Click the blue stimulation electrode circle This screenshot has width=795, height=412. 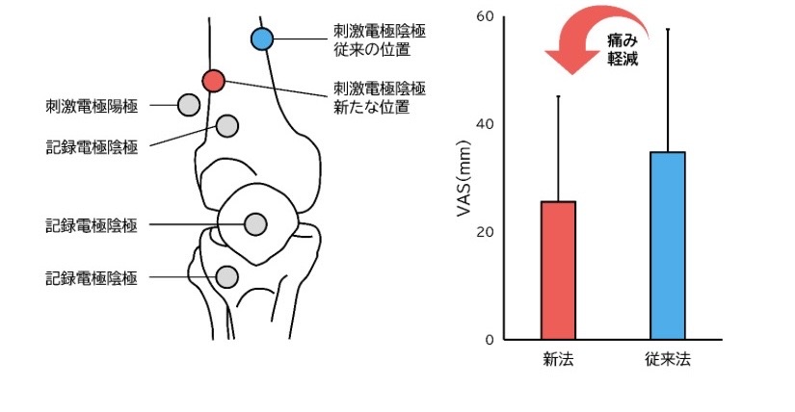(x=262, y=39)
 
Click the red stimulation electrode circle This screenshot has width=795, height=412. (x=214, y=80)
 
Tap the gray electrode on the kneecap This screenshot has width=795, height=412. (x=255, y=224)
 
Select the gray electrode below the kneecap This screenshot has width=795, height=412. (x=226, y=277)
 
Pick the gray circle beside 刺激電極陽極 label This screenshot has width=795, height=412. (x=189, y=104)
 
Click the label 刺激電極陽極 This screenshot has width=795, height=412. (x=91, y=104)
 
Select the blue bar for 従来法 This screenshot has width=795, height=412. (x=667, y=245)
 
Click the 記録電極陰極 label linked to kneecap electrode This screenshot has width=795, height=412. (x=91, y=225)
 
